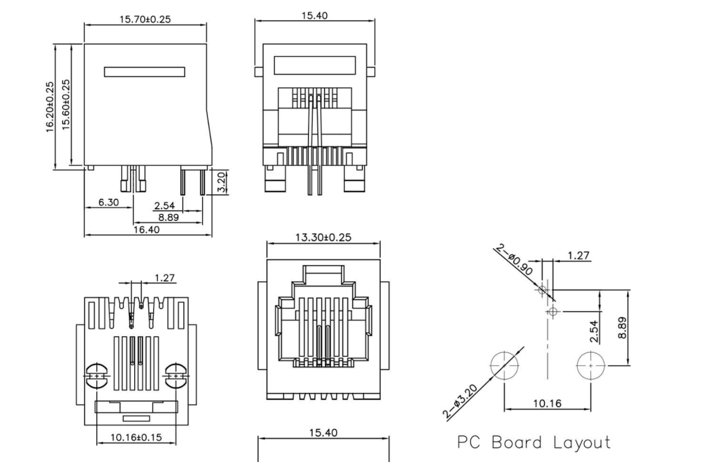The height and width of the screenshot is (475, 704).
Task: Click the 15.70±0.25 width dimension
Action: click(146, 19)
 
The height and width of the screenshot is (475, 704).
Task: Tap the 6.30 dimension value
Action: click(109, 202)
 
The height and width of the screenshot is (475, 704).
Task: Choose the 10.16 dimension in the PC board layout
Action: click(547, 404)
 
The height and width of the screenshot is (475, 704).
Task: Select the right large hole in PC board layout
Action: click(591, 366)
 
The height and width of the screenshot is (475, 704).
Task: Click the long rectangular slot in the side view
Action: click(145, 72)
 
